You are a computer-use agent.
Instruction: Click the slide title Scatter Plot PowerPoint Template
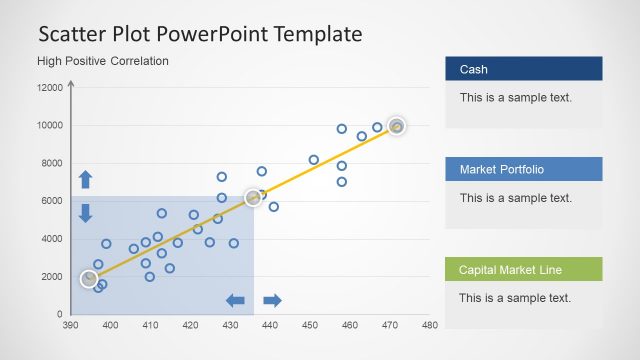(x=200, y=34)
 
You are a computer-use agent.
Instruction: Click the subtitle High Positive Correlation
(x=103, y=61)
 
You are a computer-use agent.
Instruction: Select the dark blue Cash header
(x=523, y=69)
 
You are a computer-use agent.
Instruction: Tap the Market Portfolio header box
(x=523, y=169)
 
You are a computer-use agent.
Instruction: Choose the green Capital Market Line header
(x=523, y=269)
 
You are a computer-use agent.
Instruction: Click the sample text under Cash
(x=515, y=98)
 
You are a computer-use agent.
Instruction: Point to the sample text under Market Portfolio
(x=515, y=198)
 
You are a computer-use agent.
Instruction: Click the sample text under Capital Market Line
(x=515, y=298)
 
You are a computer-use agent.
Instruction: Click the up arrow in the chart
(x=85, y=180)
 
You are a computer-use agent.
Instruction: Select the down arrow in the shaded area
(x=85, y=212)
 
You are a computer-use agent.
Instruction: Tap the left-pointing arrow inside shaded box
(x=236, y=300)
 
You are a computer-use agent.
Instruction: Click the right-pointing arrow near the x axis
(x=272, y=300)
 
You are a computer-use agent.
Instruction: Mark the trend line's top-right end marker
(x=397, y=126)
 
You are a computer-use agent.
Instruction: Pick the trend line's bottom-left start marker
(x=89, y=279)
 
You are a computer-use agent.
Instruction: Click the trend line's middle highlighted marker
(x=253, y=198)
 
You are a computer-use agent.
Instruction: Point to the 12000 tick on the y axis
(x=49, y=88)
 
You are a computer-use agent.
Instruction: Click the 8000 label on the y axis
(x=52, y=163)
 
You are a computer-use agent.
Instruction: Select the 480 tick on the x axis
(x=430, y=325)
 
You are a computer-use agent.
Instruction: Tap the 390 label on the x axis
(x=70, y=325)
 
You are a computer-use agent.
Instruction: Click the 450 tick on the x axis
(x=310, y=325)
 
